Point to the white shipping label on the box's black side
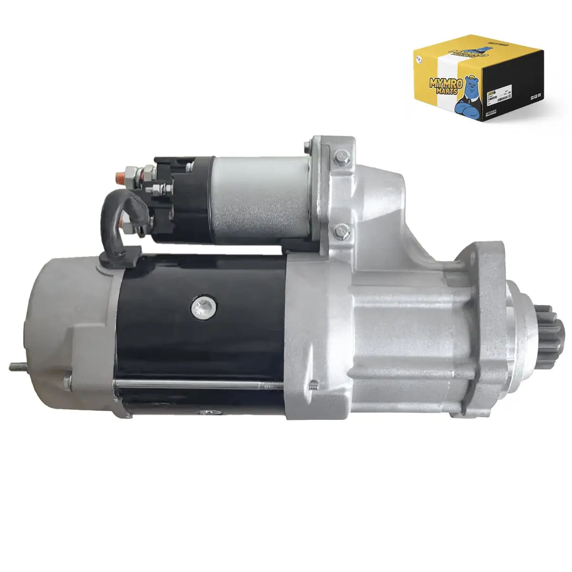(498, 93)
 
